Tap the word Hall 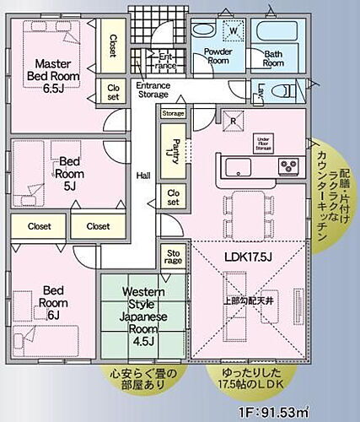[143, 176]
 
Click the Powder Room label [218, 56]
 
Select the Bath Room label [273, 58]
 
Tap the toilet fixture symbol [287, 90]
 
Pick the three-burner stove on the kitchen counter [289, 163]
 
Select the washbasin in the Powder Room [202, 30]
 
